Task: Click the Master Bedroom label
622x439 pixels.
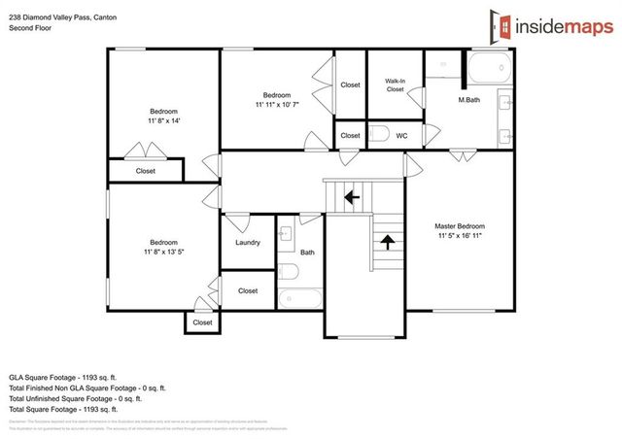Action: (x=460, y=225)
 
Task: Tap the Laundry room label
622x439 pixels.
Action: (x=248, y=242)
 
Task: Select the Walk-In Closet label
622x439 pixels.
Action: (x=394, y=85)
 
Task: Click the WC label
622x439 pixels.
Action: (x=401, y=136)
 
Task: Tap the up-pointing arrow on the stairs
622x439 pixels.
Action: (x=387, y=241)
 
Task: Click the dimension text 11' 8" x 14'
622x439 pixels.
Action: (x=163, y=121)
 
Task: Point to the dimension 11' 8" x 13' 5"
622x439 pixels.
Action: (x=163, y=252)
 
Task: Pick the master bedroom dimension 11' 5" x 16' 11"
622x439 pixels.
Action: (x=460, y=235)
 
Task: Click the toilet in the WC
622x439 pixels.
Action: (x=380, y=135)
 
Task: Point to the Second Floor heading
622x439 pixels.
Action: (x=30, y=28)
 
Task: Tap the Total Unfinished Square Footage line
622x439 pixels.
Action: (x=76, y=397)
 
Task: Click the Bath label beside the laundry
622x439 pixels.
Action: (x=307, y=253)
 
